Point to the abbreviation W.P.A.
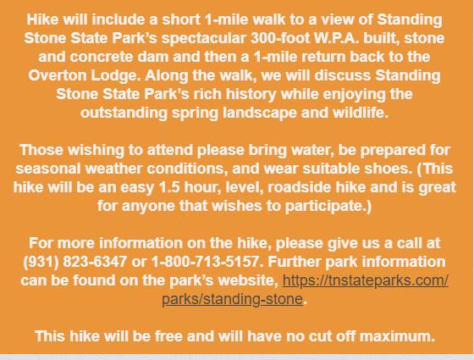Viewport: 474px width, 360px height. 336,38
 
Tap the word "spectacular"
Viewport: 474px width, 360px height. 204,39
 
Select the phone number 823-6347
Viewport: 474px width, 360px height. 95,262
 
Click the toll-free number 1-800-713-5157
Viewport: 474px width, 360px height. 205,262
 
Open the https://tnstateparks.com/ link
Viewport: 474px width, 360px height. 366,281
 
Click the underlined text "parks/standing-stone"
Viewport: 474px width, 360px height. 232,300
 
